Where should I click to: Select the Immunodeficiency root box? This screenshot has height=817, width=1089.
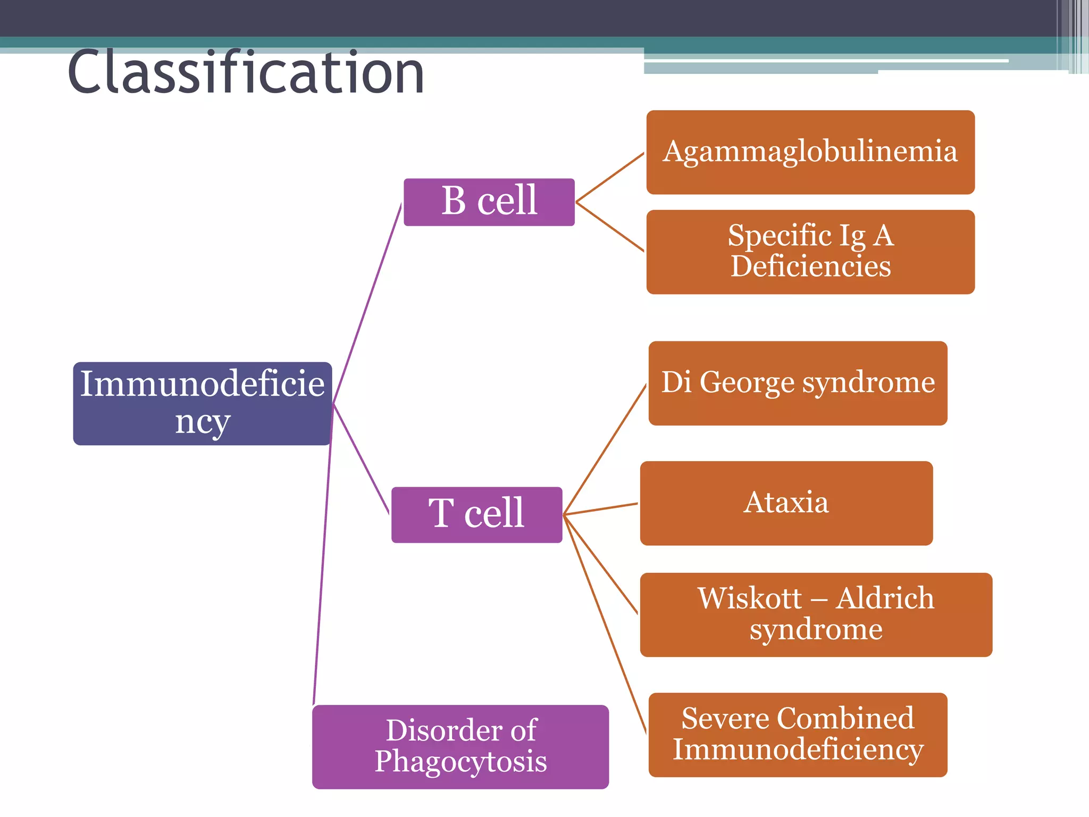pos(202,403)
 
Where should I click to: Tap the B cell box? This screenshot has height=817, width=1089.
pos(489,202)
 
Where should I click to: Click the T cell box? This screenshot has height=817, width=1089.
pos(476,514)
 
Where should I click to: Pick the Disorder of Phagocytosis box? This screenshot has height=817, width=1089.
pos(460,746)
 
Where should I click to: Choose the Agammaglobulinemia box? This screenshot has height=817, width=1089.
pos(810,152)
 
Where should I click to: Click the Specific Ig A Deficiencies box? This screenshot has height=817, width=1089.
pos(810,252)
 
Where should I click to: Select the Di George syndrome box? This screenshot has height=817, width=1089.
pos(798,383)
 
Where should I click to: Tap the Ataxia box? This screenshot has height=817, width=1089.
pos(786,503)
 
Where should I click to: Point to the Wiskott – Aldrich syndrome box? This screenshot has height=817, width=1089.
pos(816,614)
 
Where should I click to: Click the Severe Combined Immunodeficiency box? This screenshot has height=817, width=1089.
pos(798,735)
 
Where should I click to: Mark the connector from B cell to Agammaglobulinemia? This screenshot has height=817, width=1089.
pos(610,178)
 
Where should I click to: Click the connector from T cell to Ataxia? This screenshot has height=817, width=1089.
pos(601,509)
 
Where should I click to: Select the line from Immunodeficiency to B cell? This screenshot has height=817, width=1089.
pos(367,303)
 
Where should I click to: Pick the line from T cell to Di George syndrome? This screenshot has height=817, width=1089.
pos(605,449)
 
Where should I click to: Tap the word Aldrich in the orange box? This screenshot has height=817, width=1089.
pos(884,599)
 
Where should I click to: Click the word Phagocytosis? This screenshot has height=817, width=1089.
pos(460,762)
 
